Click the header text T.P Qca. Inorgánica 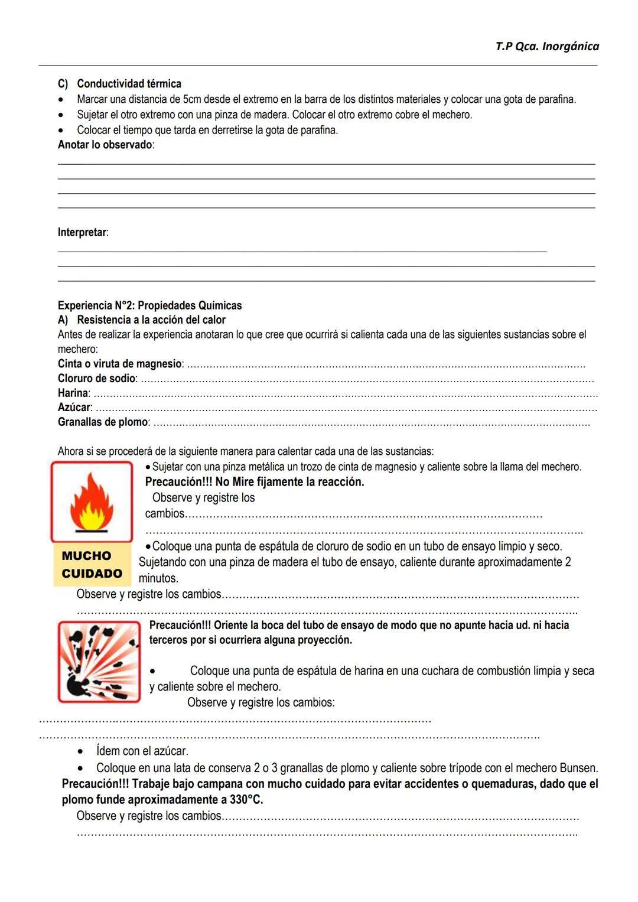547,46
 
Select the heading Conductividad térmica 129,84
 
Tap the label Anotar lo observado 105,145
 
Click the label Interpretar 83,232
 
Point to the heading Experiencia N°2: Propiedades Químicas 149,305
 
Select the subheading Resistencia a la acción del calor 151,320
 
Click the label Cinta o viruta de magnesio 120,364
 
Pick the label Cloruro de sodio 97,378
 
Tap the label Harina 73,393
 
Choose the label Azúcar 74,407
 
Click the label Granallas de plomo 103,422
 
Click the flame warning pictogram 92,502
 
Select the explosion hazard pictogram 99,662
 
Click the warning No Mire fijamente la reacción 289,482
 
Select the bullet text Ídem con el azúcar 142,751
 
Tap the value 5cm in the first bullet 192,99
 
